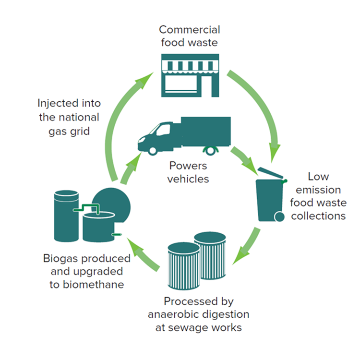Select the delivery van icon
click(182, 134)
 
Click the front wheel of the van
click(153, 149)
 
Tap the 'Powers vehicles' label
click(189, 172)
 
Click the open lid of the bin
click(271, 174)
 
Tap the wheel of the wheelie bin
click(278, 217)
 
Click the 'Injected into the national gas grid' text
click(69, 117)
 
